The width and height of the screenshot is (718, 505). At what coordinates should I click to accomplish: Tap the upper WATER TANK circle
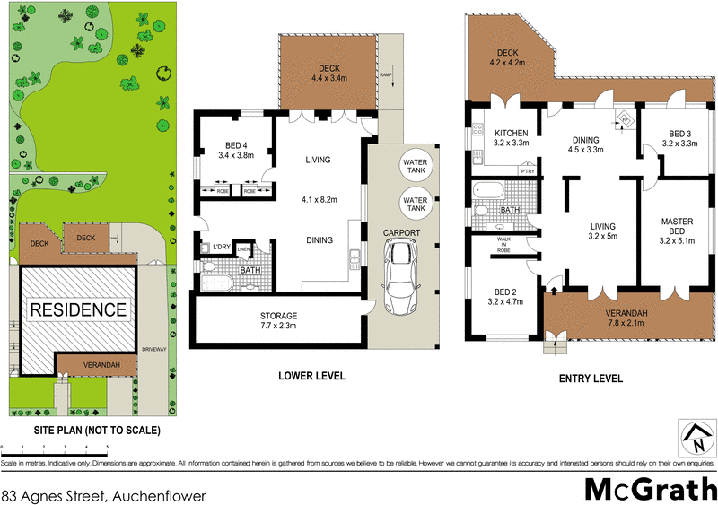pos(416,161)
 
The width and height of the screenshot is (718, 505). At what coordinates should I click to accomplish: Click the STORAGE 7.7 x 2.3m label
pos(279,321)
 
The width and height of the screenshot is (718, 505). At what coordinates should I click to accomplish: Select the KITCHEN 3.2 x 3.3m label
pos(511,137)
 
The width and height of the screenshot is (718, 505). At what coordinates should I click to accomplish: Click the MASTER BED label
pos(679,228)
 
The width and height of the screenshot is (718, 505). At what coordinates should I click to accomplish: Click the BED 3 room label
pos(679,137)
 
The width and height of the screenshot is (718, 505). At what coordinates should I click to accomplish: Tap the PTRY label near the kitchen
pos(528,170)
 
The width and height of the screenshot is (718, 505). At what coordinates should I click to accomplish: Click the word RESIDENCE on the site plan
pos(79,310)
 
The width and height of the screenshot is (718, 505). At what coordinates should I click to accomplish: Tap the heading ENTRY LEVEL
pos(590,379)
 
